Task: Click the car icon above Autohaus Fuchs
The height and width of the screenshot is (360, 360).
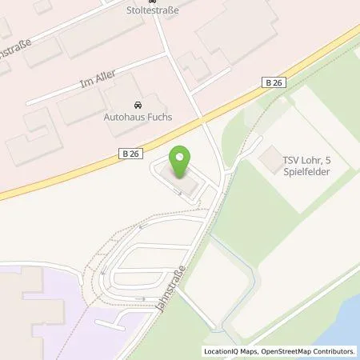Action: point(138,105)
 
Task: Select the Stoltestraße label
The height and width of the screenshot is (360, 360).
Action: point(154,12)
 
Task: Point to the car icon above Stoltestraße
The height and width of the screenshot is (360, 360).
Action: point(154,2)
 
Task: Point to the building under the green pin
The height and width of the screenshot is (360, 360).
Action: point(180,182)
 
